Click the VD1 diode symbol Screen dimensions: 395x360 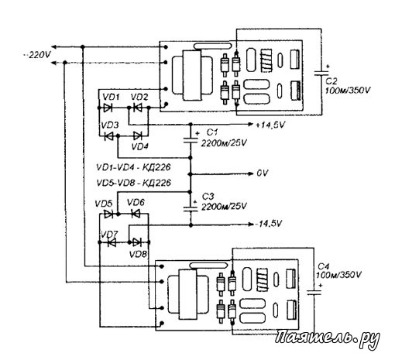click(108, 108)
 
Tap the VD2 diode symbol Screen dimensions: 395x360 click(137, 108)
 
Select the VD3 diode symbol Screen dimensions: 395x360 click(108, 136)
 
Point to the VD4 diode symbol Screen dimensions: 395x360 click(137, 135)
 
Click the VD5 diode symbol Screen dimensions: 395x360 click(108, 214)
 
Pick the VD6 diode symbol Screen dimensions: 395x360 click(136, 214)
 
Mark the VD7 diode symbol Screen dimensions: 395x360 click(112, 242)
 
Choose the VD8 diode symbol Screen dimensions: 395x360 click(136, 242)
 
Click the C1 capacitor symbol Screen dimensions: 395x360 click(191, 140)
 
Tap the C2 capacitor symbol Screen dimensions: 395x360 click(321, 73)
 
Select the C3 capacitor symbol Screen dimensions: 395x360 click(191, 208)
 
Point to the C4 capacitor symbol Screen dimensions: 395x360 click(314, 292)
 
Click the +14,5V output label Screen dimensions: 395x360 click(270, 125)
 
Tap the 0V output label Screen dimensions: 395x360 click(263, 173)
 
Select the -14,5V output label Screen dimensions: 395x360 click(269, 224)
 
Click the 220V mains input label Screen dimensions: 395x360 click(38, 55)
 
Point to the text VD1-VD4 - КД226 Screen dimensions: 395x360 click(133, 167)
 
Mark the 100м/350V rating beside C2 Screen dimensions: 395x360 click(348, 91)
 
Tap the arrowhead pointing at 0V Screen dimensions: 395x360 click(250, 173)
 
